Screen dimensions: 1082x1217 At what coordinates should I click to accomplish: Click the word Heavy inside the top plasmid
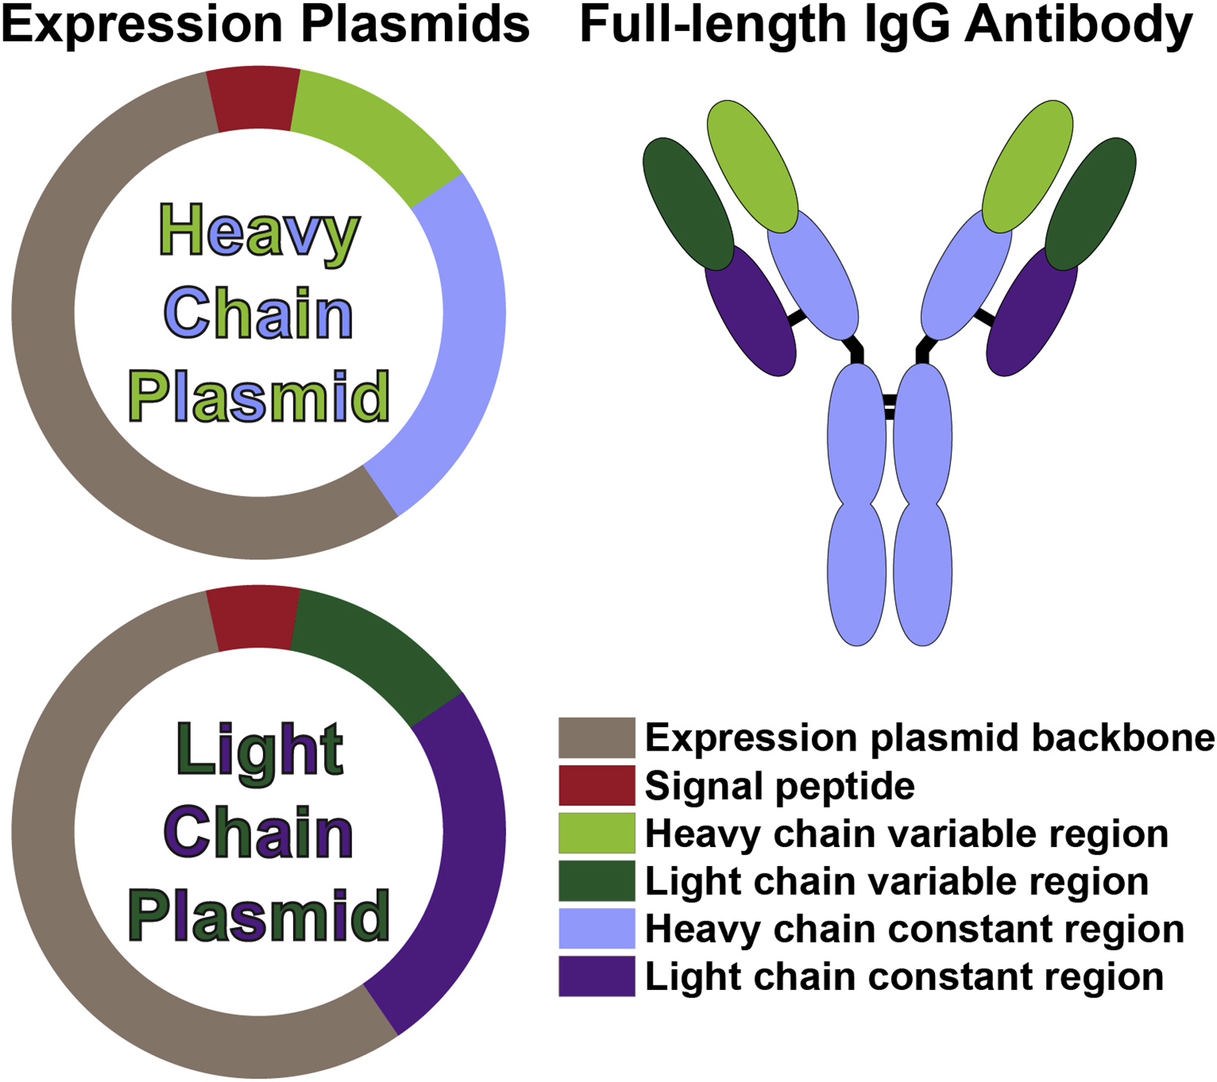tap(259, 231)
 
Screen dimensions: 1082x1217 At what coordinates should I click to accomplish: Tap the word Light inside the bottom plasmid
tap(259, 750)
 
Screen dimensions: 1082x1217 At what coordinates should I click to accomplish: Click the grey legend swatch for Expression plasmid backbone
tap(596, 737)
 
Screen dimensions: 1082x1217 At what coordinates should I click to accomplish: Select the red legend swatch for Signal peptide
tap(596, 785)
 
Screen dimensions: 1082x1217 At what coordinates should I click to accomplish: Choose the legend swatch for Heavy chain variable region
tap(596, 833)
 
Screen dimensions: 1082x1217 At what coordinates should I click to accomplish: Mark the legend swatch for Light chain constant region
tap(596, 976)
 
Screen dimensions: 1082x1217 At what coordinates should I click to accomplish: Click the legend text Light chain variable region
tap(897, 882)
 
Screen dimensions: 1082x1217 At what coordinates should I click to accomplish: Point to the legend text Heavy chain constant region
tap(914, 930)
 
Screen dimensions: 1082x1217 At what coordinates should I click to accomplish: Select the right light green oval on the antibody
tap(1027, 166)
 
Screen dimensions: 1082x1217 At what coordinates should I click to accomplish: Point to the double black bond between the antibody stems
tap(890, 407)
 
